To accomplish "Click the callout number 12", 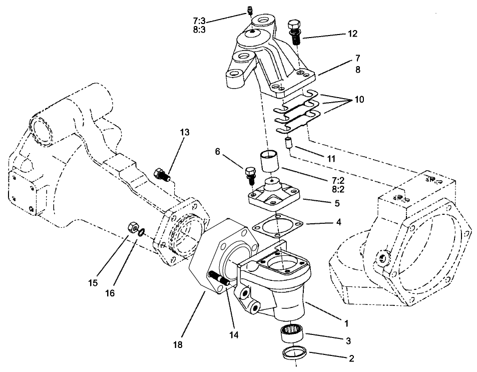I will (352, 34).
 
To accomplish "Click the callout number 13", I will (185, 132).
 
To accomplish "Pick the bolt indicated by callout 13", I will (162, 175).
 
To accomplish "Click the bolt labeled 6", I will (250, 173).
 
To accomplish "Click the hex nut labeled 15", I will (133, 227).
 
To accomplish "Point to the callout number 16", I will (110, 293).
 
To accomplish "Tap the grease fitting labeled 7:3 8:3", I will (251, 10).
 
